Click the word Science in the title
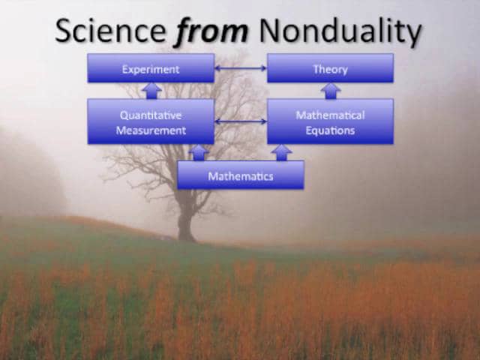[111, 30]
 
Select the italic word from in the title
[211, 30]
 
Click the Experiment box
[151, 68]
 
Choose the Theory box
[330, 68]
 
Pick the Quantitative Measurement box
[151, 121]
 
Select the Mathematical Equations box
[330, 121]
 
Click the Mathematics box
[241, 175]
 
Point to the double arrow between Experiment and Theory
[241, 68]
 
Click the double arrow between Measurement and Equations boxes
[241, 121]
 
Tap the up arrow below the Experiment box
[151, 91]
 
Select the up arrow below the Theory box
[331, 91]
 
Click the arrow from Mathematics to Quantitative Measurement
[199, 153]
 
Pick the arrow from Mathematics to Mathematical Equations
[282, 153]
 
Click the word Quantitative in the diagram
[151, 115]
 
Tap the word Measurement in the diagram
[151, 130]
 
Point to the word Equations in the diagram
[330, 131]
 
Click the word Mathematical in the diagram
[330, 115]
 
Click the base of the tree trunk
[186, 238]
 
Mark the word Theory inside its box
[330, 70]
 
